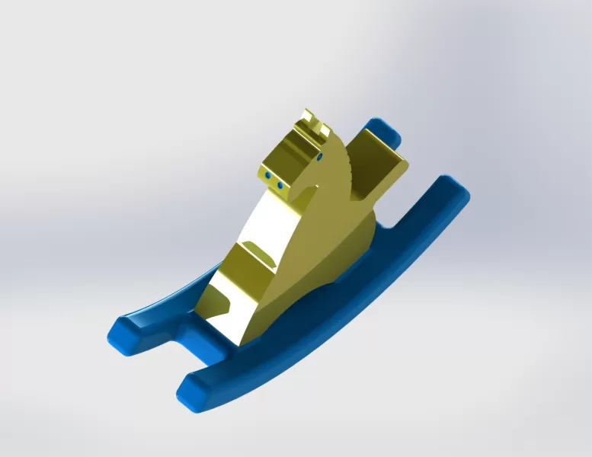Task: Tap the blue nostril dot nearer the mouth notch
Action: pyautogui.click(x=280, y=185)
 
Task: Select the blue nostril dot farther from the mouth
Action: pyautogui.click(x=269, y=177)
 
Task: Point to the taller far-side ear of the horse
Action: pyautogui.click(x=309, y=118)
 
